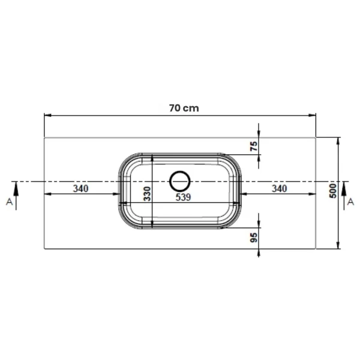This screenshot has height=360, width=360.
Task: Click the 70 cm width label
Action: pos(184,108)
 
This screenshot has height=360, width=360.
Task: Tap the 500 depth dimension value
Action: pos(333,191)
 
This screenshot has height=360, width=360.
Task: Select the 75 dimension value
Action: pos(254,146)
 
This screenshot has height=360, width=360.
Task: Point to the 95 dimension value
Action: pos(254,238)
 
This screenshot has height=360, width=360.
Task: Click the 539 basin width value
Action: pos(183,197)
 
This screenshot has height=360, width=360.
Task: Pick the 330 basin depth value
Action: pos(147,194)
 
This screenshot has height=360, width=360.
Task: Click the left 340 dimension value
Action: pos(80,189)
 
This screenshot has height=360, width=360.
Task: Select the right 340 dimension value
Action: pos(280,189)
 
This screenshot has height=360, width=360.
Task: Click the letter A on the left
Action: pos(9,202)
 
